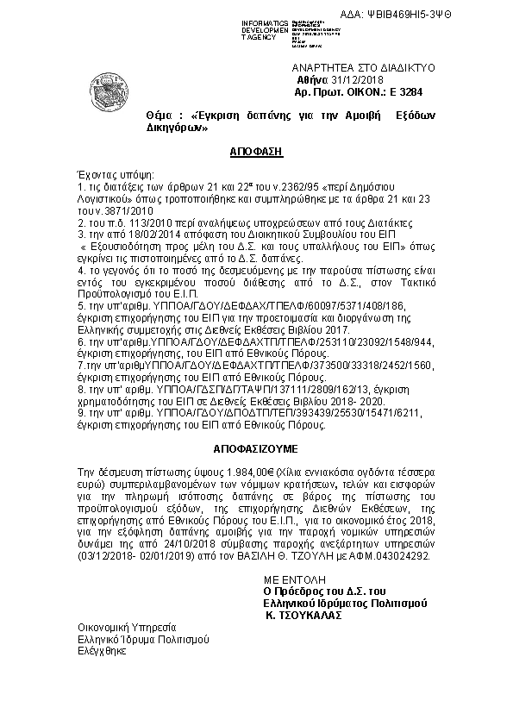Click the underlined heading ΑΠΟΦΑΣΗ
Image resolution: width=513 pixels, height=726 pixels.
[256, 150]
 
